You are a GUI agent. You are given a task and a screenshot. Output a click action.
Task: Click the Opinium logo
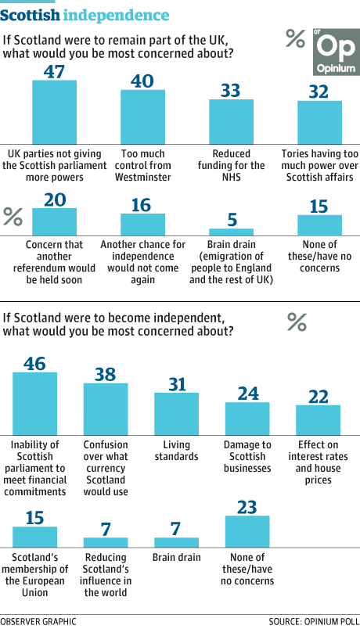point(336,52)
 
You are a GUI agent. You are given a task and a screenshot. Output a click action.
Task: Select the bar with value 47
point(54,113)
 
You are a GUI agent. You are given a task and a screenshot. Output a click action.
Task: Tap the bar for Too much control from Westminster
point(143,117)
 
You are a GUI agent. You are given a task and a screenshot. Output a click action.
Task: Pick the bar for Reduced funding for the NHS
point(231,122)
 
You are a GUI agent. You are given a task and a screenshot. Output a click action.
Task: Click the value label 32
point(319,92)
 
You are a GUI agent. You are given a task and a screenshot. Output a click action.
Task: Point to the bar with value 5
point(231,232)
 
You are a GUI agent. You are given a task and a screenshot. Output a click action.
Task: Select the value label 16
point(142,206)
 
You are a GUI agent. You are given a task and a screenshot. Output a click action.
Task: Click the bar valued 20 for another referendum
point(54,222)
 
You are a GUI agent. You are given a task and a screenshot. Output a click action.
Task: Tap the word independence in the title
point(116,15)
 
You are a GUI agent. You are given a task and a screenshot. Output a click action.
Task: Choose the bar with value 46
point(35,404)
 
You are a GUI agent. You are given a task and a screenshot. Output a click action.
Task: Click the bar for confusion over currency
point(106,409)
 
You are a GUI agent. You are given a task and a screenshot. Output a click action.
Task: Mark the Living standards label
point(177,451)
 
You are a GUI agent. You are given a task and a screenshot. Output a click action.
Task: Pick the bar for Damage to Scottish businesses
point(247,419)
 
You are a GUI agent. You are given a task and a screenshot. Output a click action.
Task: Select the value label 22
point(319,397)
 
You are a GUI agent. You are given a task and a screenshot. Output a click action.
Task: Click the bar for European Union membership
point(35,537)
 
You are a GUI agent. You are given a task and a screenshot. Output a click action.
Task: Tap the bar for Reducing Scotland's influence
point(106,543)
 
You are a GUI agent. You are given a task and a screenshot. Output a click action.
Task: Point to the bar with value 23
point(247,531)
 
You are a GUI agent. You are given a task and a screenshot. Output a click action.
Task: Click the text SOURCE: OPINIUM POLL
point(314,622)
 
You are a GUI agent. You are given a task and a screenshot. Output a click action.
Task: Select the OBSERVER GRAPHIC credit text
point(38,622)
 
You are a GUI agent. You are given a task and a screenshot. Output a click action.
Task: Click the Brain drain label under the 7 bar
point(177,558)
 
